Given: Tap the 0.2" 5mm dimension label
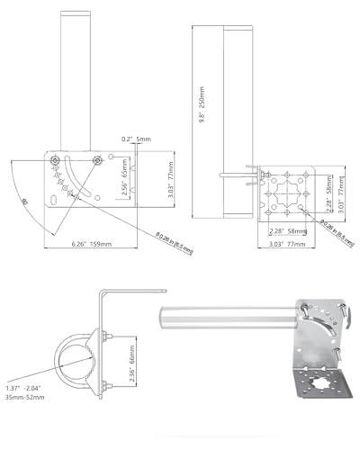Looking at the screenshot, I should (138, 139).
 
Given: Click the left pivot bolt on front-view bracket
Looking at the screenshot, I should (57, 159).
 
